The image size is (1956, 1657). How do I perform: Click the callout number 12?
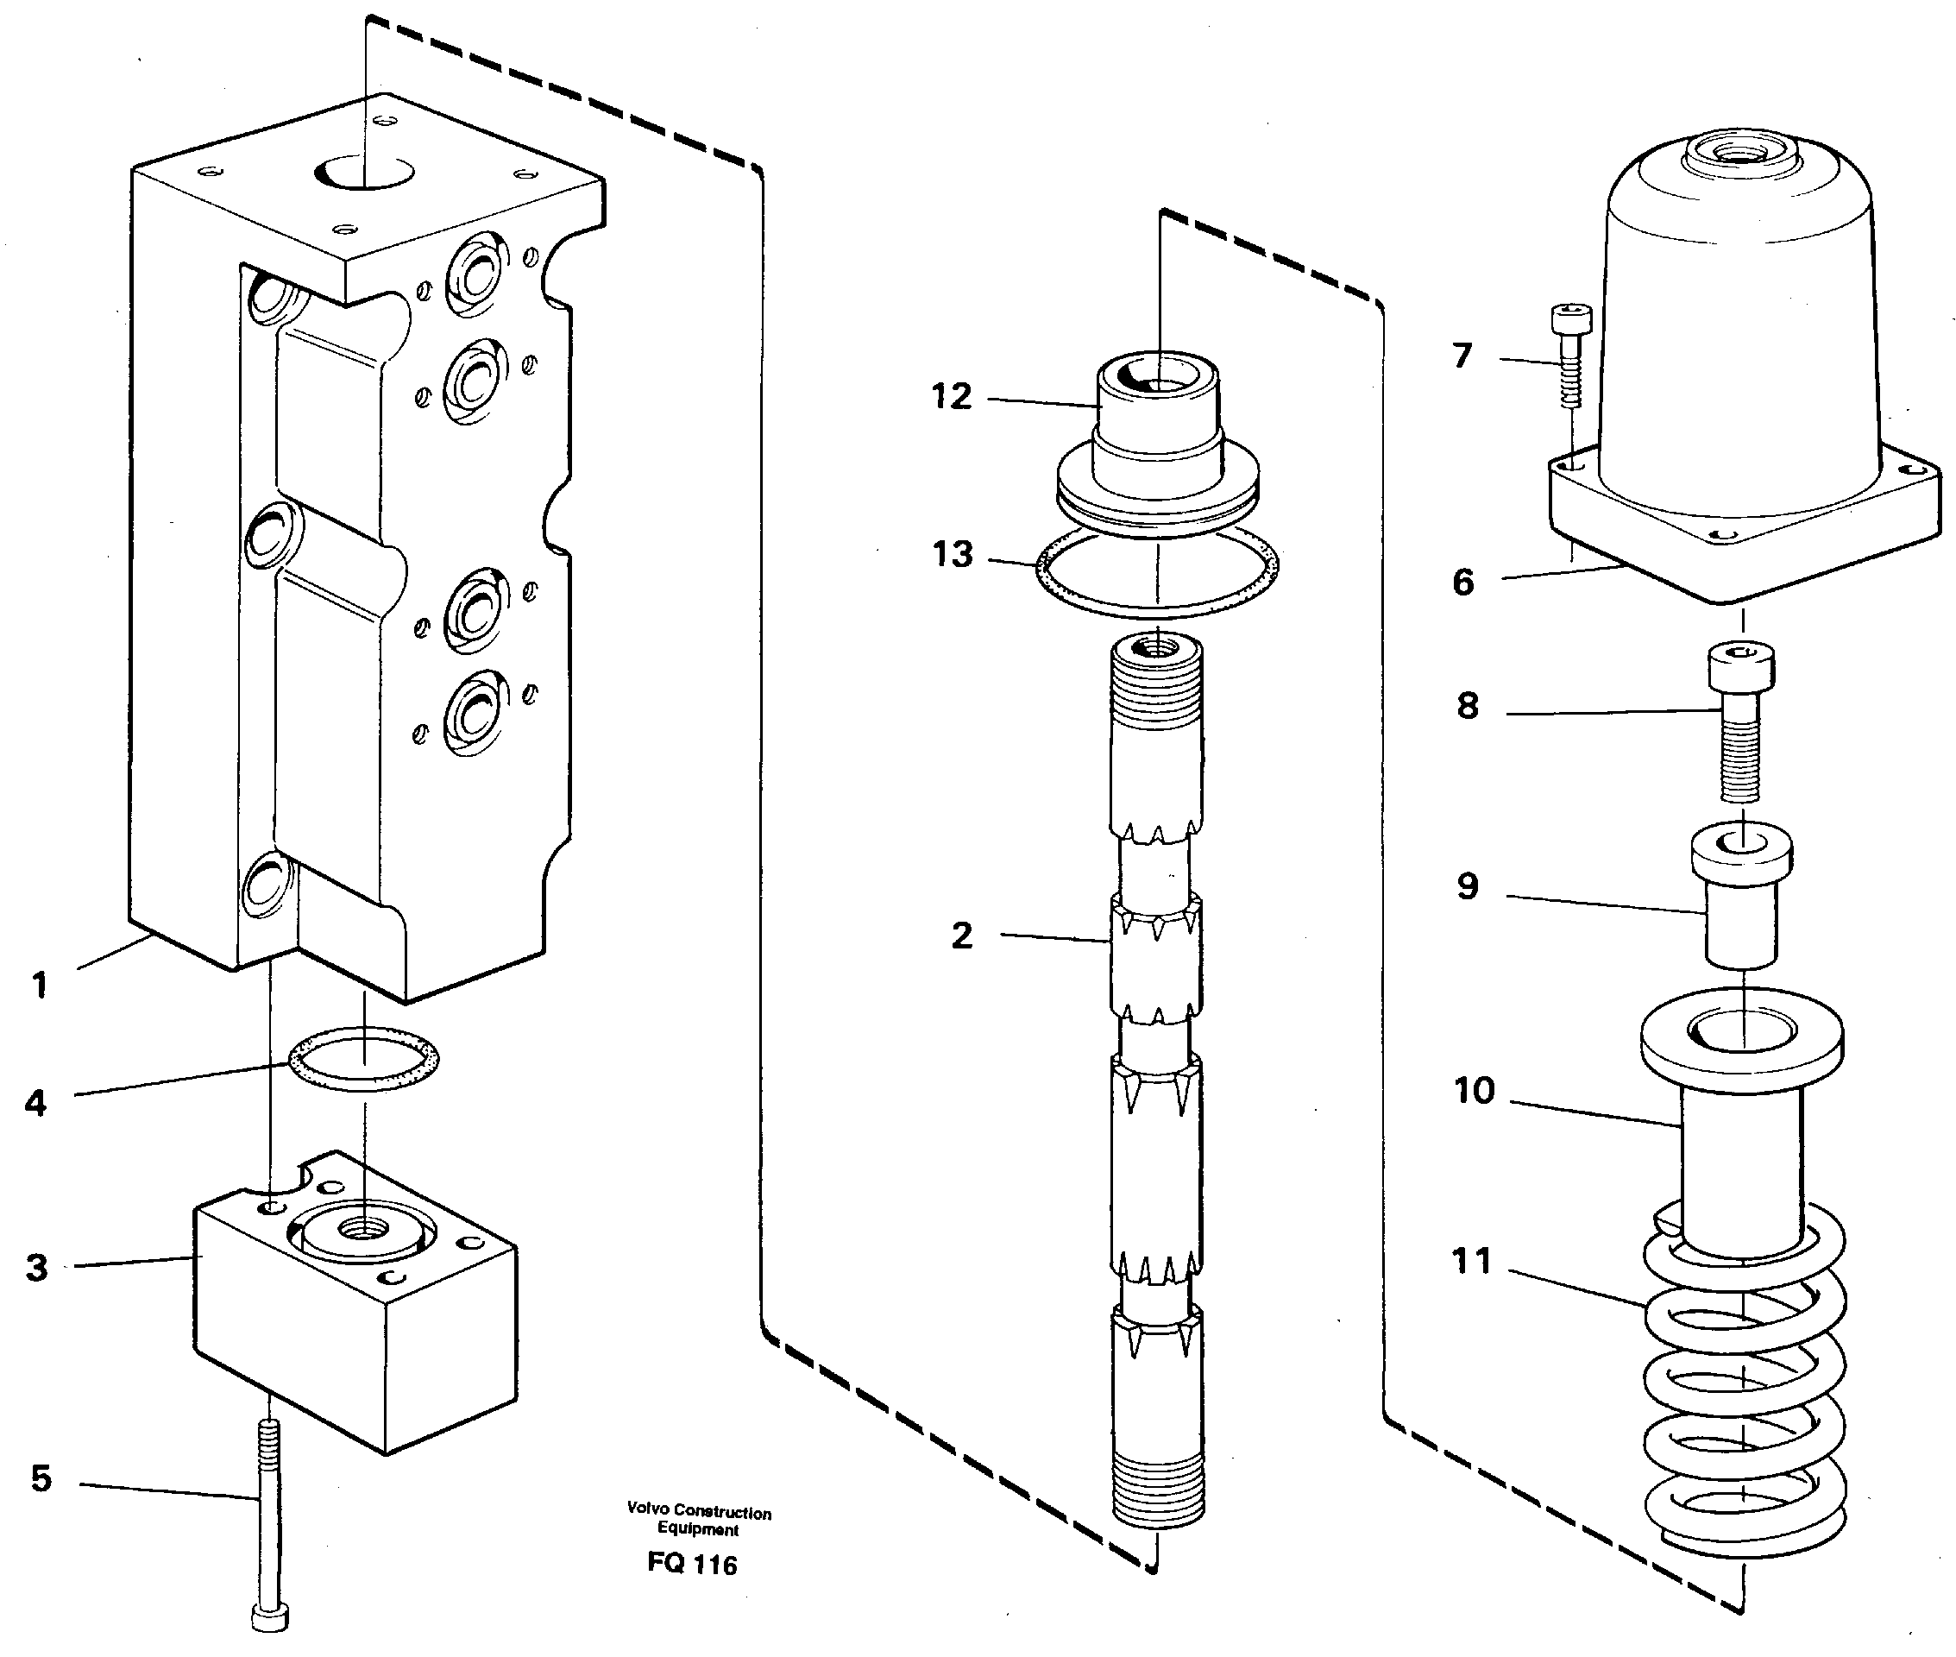tap(950, 396)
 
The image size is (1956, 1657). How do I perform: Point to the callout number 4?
tap(35, 1103)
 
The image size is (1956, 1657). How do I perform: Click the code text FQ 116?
tap(692, 1563)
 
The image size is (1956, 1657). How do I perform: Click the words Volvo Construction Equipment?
tap(699, 1520)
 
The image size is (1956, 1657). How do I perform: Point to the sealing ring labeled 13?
tap(1157, 573)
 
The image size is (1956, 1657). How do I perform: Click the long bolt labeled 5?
tap(268, 1522)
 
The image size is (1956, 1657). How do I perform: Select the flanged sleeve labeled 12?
tap(1157, 442)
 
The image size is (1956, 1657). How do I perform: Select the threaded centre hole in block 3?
tap(362, 1226)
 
